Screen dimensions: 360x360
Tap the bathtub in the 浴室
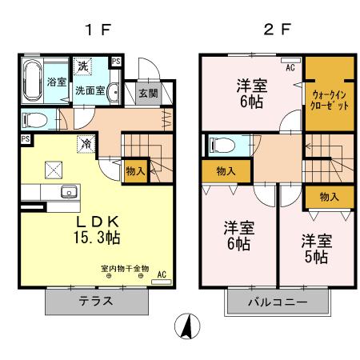click(x=34, y=81)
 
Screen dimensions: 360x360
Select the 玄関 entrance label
click(x=149, y=93)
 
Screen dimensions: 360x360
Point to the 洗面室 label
click(x=90, y=90)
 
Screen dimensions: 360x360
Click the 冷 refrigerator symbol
click(x=86, y=144)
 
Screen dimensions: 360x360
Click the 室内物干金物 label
click(x=124, y=268)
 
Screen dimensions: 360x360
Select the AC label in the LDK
click(x=161, y=274)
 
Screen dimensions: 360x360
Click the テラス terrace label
click(x=95, y=302)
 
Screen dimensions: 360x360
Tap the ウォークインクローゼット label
click(x=328, y=97)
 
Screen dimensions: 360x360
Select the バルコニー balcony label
click(x=275, y=302)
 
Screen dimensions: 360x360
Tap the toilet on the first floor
click(x=34, y=120)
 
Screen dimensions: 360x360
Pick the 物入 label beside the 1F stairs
click(x=135, y=170)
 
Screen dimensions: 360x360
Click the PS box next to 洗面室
click(x=117, y=62)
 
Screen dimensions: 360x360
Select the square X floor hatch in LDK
click(x=54, y=168)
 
